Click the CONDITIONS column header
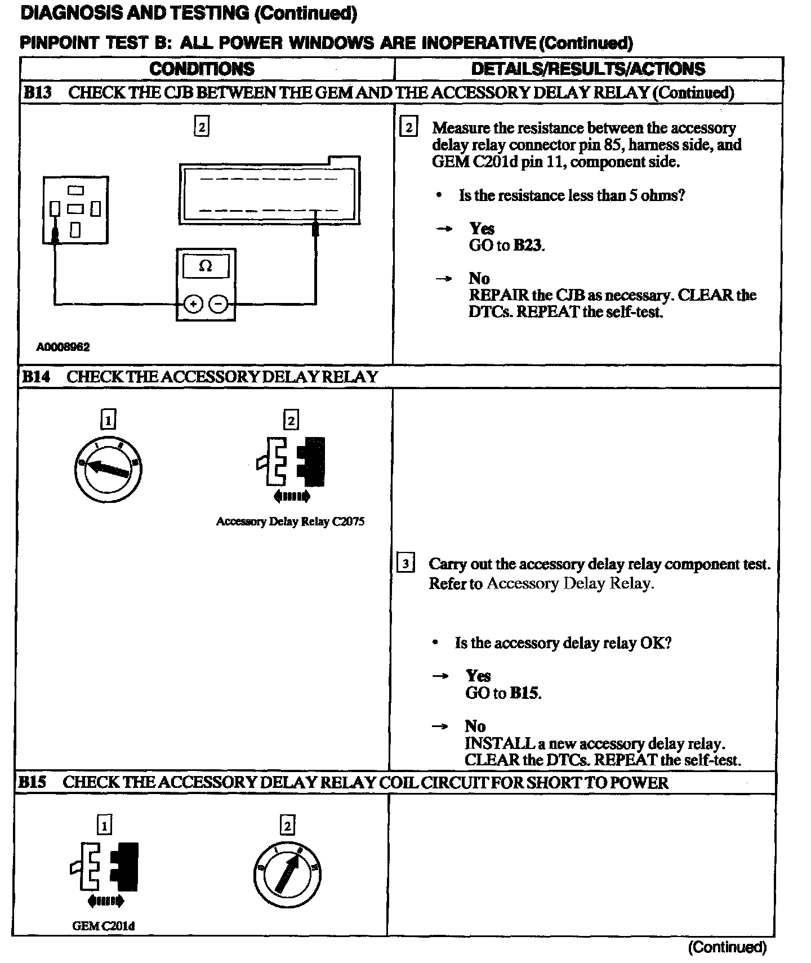[202, 69]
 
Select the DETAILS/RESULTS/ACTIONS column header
[588, 69]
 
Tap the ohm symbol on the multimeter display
[206, 266]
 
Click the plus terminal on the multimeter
[193, 305]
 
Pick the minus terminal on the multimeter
[219, 305]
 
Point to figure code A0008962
[63, 347]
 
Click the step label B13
[37, 93]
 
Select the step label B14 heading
[36, 377]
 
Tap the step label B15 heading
[33, 782]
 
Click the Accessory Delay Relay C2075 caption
[290, 521]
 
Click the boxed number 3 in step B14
[406, 564]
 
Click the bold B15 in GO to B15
[525, 693]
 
